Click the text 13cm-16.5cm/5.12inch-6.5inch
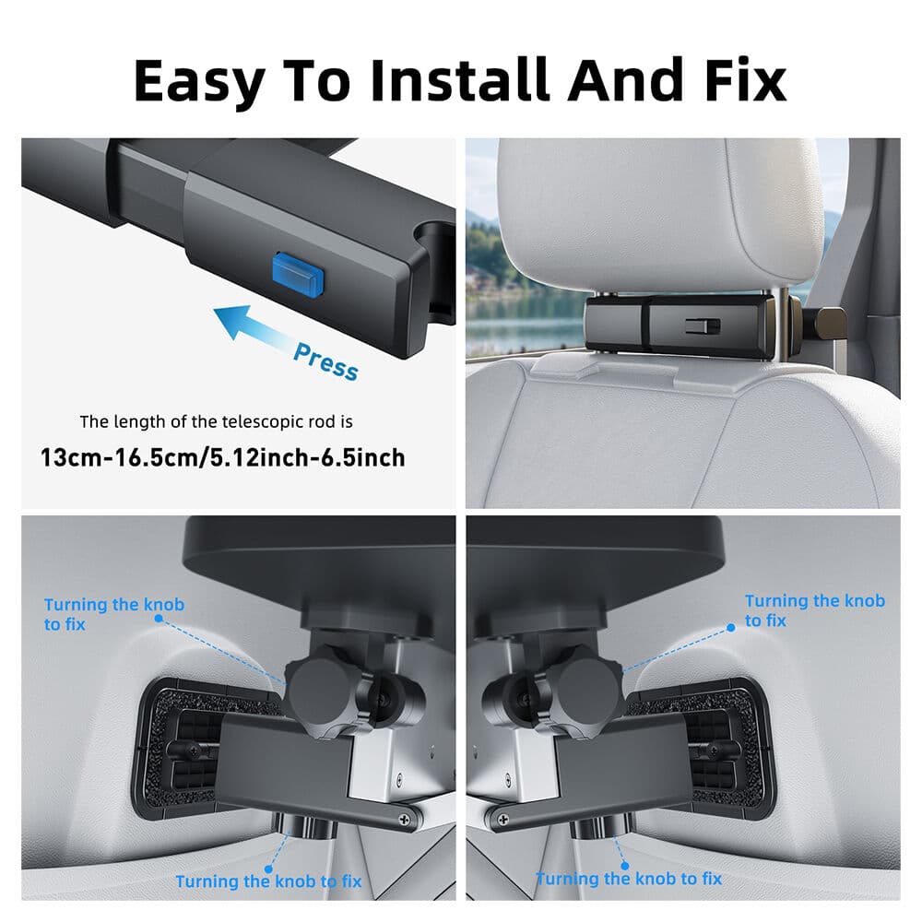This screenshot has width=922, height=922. (222, 456)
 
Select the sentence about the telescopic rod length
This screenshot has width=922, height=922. (217, 422)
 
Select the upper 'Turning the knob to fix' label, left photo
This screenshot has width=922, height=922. (114, 614)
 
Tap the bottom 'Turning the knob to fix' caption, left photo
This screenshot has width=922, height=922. (269, 881)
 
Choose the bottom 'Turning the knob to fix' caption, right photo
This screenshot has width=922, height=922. (629, 879)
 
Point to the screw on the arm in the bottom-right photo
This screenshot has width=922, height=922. (505, 816)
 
